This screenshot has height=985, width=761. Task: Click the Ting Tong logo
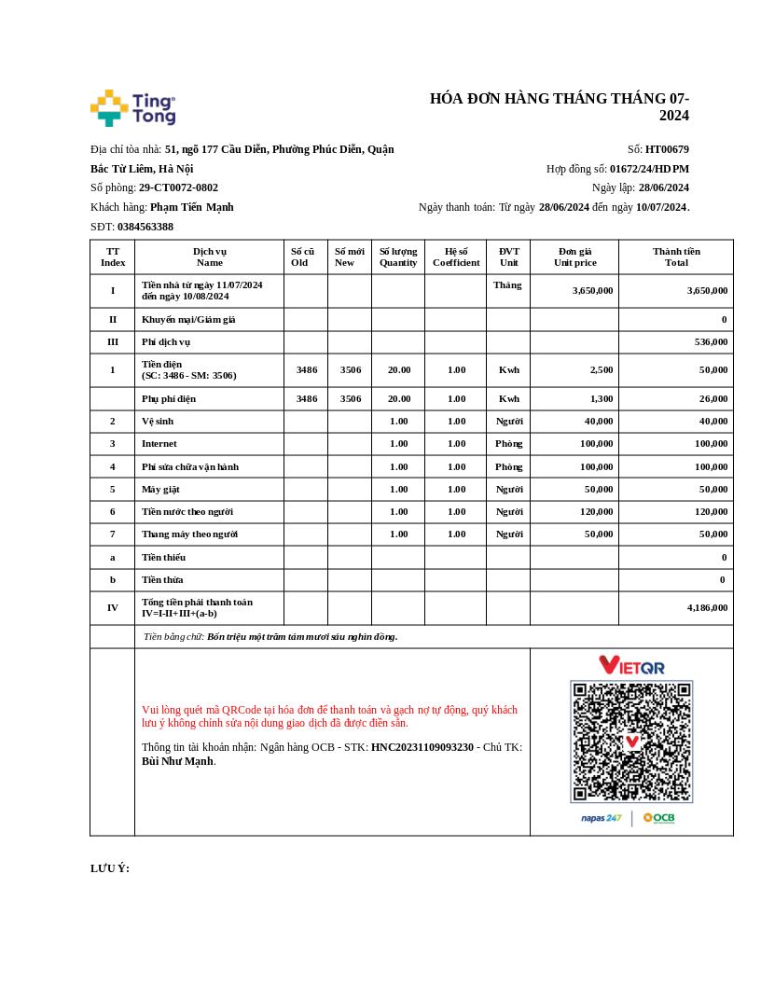(132, 108)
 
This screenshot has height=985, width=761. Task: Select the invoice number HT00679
(667, 149)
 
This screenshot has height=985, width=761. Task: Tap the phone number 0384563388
(145, 227)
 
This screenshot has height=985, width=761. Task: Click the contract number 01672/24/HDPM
(649, 169)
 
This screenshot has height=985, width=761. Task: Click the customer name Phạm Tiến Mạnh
(191, 207)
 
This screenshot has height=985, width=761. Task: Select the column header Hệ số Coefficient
(456, 257)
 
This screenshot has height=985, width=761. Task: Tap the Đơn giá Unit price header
(574, 257)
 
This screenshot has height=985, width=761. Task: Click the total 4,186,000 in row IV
(707, 607)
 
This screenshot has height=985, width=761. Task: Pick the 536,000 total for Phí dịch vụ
(711, 342)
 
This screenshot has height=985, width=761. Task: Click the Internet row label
(159, 444)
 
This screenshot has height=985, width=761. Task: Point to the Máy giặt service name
(160, 489)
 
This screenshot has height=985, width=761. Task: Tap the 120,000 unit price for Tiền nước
(596, 511)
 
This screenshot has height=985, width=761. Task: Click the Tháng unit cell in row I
(507, 285)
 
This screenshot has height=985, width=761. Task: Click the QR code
(631, 742)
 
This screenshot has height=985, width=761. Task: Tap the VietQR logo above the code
(631, 665)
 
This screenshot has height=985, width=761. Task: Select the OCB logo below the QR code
(658, 818)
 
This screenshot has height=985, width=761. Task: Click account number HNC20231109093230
(422, 747)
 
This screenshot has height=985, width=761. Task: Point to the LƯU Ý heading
(110, 868)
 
